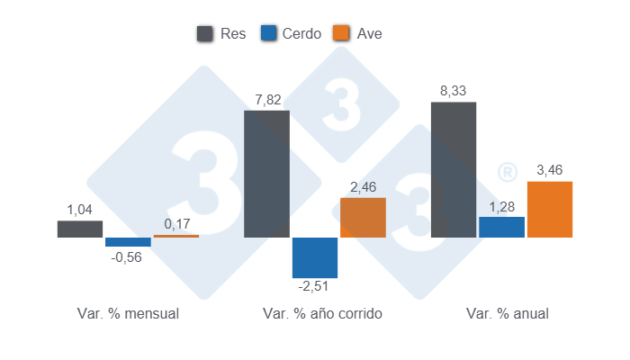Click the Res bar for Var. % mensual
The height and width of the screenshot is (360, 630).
click(x=80, y=229)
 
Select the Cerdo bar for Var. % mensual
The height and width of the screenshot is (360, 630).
click(x=128, y=242)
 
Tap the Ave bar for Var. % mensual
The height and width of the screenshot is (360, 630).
click(x=175, y=236)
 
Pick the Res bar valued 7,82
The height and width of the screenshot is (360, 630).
click(x=266, y=174)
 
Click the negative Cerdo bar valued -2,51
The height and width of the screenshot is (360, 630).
click(x=315, y=257)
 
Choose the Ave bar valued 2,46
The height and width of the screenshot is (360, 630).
click(x=363, y=217)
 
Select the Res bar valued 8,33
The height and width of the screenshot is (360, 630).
click(x=454, y=169)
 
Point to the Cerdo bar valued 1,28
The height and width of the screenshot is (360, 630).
click(x=501, y=227)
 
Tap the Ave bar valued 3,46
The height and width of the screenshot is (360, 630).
click(x=549, y=209)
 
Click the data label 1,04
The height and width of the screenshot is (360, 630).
click(x=80, y=210)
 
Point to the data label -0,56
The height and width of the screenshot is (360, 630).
click(x=127, y=257)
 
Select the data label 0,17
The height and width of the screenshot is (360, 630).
click(x=176, y=224)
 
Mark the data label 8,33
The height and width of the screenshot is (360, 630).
click(x=454, y=91)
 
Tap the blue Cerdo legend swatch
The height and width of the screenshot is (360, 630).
click(x=268, y=33)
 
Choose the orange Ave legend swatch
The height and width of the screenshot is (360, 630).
click(x=341, y=33)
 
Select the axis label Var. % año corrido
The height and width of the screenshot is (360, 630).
click(x=322, y=314)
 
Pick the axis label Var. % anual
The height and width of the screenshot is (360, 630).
click(x=507, y=314)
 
